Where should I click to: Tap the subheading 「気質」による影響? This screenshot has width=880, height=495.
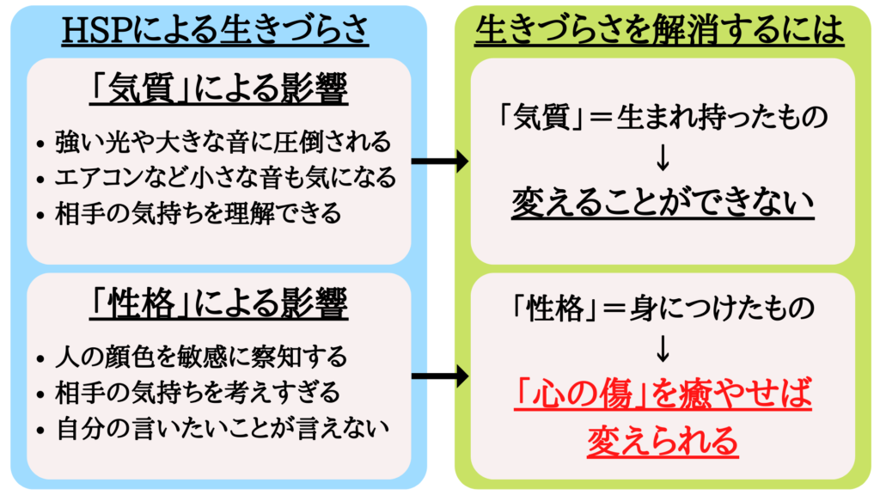coord(218,89)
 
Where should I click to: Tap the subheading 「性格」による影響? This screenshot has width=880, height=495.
coord(218,303)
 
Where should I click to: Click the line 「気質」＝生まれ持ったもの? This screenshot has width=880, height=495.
coord(663,117)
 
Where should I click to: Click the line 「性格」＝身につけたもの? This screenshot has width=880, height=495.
coord(663,309)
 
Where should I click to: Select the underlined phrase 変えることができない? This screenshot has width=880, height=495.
coord(663,202)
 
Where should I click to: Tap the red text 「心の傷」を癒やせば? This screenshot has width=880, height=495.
coord(663,394)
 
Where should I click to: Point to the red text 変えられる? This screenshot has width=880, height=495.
coord(663,441)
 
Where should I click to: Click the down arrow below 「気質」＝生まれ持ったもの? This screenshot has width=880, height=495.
coord(663,157)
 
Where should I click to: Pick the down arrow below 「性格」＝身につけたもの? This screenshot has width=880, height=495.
coord(663,348)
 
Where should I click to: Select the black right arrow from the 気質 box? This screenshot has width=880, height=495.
coord(440,161)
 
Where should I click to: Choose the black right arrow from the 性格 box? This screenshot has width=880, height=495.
coord(440,376)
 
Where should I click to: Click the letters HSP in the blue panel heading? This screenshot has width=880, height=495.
coord(99,30)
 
